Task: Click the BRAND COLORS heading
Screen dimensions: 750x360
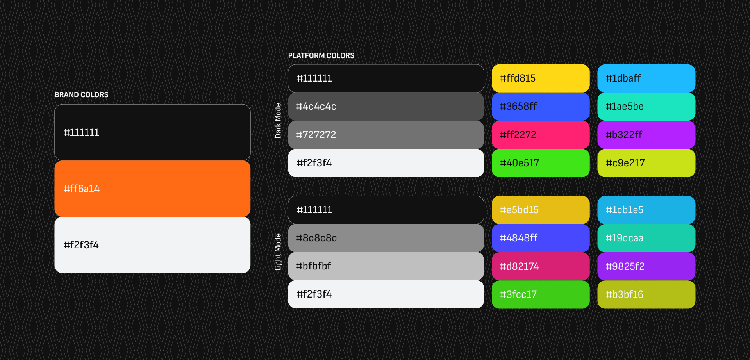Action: pos(81,94)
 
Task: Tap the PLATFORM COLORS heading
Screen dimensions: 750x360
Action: pos(321,55)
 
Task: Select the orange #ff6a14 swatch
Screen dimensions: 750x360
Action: pos(152,189)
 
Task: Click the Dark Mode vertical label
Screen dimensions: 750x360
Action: pos(278,121)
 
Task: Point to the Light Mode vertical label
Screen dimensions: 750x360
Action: pos(278,252)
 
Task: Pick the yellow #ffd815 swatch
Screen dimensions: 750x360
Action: pos(541,78)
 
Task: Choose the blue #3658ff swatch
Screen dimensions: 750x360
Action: pos(541,107)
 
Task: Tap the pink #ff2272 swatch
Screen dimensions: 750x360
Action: pos(541,135)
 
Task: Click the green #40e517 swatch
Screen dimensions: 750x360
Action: pos(541,163)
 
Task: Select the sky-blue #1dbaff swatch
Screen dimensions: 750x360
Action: pos(646,78)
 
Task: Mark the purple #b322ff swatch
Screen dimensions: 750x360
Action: pos(646,135)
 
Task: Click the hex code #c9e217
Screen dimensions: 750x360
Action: pos(625,163)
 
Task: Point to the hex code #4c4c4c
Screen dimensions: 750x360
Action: pos(316,107)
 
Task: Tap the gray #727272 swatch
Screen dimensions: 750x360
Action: pos(386,135)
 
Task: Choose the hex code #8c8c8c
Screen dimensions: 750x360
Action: pos(316,238)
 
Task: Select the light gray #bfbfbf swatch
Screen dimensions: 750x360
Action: pos(386,266)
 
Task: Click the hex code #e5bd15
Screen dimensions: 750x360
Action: pos(519,210)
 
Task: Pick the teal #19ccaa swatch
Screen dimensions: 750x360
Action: pos(646,238)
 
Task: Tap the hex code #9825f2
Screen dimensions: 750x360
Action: pos(625,266)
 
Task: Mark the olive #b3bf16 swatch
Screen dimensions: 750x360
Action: pos(646,294)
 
